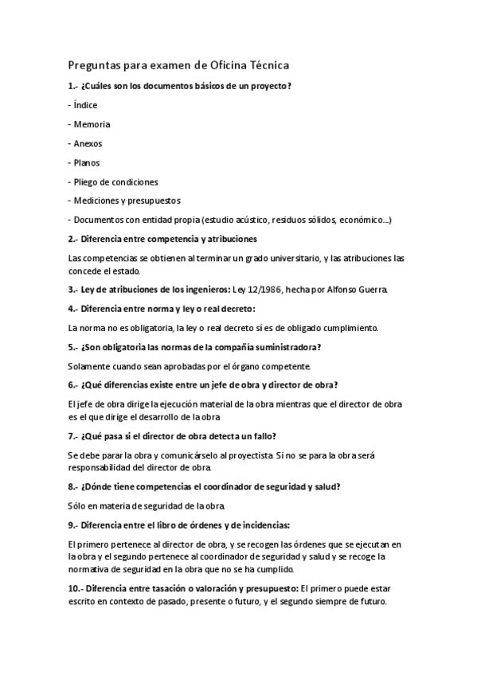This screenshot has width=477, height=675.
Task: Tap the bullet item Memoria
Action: (x=92, y=124)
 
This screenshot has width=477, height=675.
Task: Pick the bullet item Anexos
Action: (x=88, y=143)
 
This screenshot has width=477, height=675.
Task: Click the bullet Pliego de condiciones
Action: (x=115, y=181)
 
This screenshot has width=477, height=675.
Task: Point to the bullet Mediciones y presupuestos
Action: (x=127, y=201)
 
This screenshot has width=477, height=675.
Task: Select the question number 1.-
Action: (x=73, y=86)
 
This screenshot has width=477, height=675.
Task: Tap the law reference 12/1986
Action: (x=280, y=289)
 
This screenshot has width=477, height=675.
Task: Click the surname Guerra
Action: (x=373, y=289)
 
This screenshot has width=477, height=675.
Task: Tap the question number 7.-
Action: (x=73, y=436)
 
